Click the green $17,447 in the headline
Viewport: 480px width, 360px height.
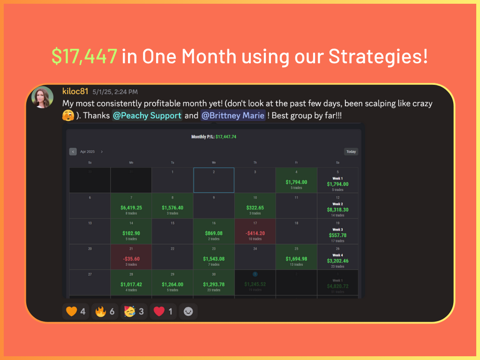84,57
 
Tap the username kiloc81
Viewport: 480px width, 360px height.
75,91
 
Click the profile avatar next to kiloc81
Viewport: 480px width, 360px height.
42,97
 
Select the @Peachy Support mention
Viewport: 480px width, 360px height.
147,115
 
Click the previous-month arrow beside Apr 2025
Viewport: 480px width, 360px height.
73,151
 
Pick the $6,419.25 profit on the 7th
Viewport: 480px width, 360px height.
131,208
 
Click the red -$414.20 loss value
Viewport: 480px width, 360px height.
255,233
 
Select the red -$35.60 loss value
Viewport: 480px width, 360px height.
131,259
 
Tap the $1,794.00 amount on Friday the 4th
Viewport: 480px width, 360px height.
296,182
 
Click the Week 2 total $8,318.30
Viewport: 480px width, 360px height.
337,210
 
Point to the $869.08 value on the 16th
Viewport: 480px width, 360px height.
214,233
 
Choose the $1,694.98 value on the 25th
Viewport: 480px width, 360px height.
296,259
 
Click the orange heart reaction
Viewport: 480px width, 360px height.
75,311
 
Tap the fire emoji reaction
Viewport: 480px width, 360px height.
105,311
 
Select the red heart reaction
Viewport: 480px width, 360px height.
163,311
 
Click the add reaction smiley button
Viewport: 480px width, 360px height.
188,311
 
